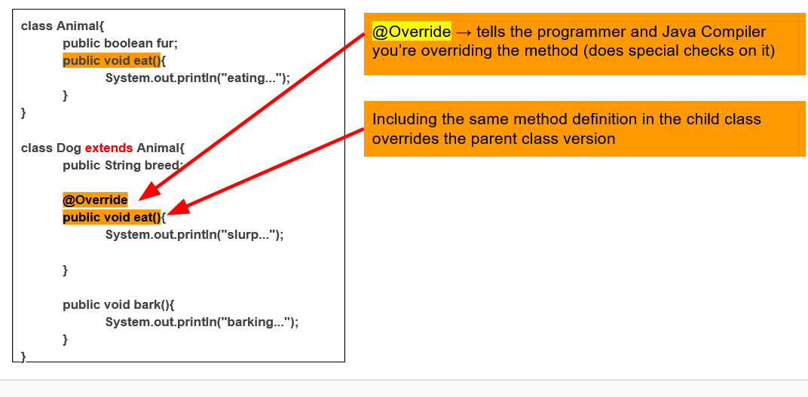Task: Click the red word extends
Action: (109, 148)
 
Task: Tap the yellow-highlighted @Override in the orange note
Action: (412, 32)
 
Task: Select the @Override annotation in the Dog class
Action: (95, 200)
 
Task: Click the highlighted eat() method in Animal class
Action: (112, 61)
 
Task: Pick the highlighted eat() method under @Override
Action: (112, 217)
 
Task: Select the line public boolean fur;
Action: (120, 44)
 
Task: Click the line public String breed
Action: (123, 165)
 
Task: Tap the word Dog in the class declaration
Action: (69, 148)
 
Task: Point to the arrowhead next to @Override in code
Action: (149, 191)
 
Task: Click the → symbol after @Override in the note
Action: (464, 32)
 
